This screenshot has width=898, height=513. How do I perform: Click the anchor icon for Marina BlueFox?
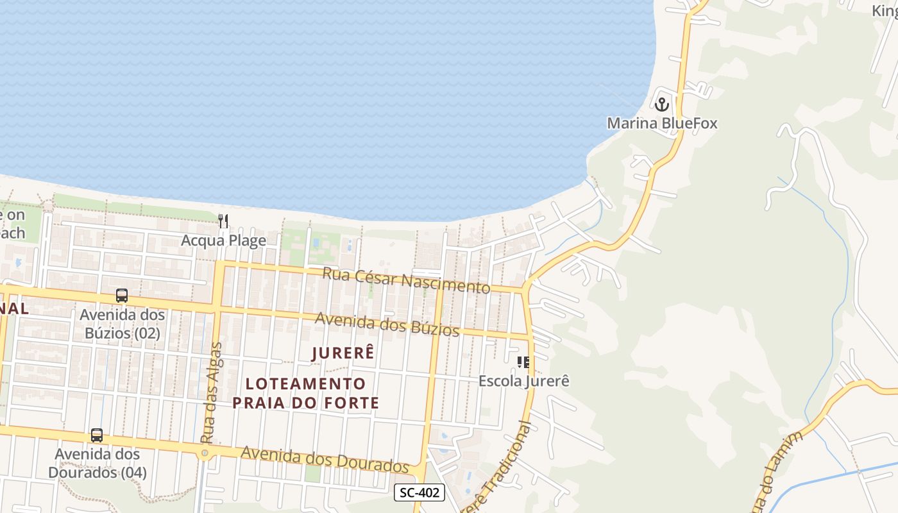click(661, 103)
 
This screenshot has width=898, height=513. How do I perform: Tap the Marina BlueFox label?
click(662, 123)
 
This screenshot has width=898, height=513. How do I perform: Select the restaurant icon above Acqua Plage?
click(223, 221)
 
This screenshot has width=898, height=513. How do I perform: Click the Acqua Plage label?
click(223, 241)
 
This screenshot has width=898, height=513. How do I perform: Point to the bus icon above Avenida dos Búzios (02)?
click(121, 296)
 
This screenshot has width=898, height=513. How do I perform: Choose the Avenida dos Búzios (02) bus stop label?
click(122, 324)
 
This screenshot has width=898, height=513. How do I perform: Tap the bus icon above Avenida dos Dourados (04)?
click(97, 435)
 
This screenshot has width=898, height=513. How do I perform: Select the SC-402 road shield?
click(419, 492)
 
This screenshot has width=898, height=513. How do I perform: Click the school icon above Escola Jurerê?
click(523, 362)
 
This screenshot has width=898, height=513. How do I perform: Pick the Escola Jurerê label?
click(524, 381)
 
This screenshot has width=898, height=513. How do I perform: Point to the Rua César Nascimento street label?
click(406, 280)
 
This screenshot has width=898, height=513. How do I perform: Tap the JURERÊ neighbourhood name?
click(343, 353)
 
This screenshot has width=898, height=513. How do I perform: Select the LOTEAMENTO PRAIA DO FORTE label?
click(306, 393)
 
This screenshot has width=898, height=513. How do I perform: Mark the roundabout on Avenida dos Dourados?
click(205, 454)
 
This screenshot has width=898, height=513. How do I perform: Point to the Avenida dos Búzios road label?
click(387, 324)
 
